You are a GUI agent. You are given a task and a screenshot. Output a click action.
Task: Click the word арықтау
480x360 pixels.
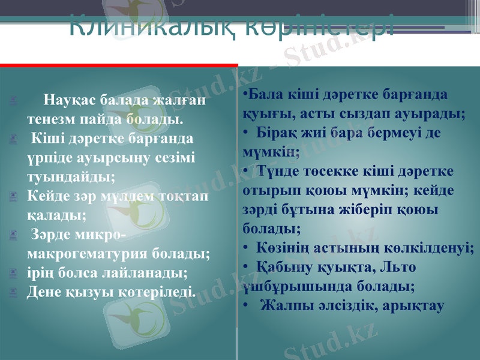(411, 306)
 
